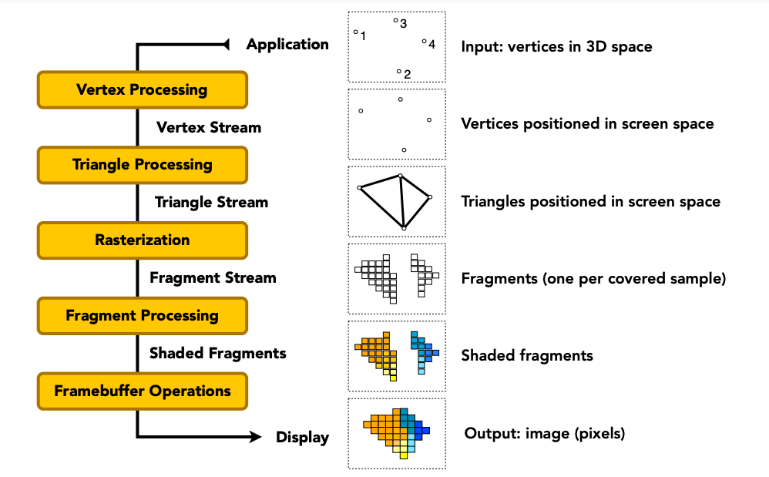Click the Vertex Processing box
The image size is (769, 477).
(x=143, y=89)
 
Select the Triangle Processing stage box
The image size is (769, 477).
(x=143, y=165)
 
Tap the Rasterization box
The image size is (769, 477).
(x=143, y=240)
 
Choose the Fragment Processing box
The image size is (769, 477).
(x=143, y=316)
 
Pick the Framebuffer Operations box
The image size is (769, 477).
(x=143, y=391)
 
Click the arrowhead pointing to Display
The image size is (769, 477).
(x=256, y=436)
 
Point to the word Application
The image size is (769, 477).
(x=287, y=45)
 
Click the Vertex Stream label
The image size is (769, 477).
(x=209, y=127)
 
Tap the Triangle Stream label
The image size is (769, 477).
(x=211, y=203)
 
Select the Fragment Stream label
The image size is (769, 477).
(x=213, y=278)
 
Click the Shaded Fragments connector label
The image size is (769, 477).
(x=218, y=354)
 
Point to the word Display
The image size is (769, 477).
(x=302, y=437)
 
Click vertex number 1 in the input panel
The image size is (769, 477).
(x=355, y=32)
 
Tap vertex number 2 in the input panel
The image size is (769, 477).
(x=399, y=72)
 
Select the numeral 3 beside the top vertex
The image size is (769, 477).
(x=403, y=24)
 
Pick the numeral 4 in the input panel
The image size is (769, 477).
(x=432, y=45)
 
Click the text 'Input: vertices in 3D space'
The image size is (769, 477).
(x=556, y=46)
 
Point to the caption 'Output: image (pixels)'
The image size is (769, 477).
(x=544, y=434)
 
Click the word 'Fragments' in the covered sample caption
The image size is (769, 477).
(x=499, y=279)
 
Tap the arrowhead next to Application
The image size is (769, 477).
(x=226, y=45)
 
